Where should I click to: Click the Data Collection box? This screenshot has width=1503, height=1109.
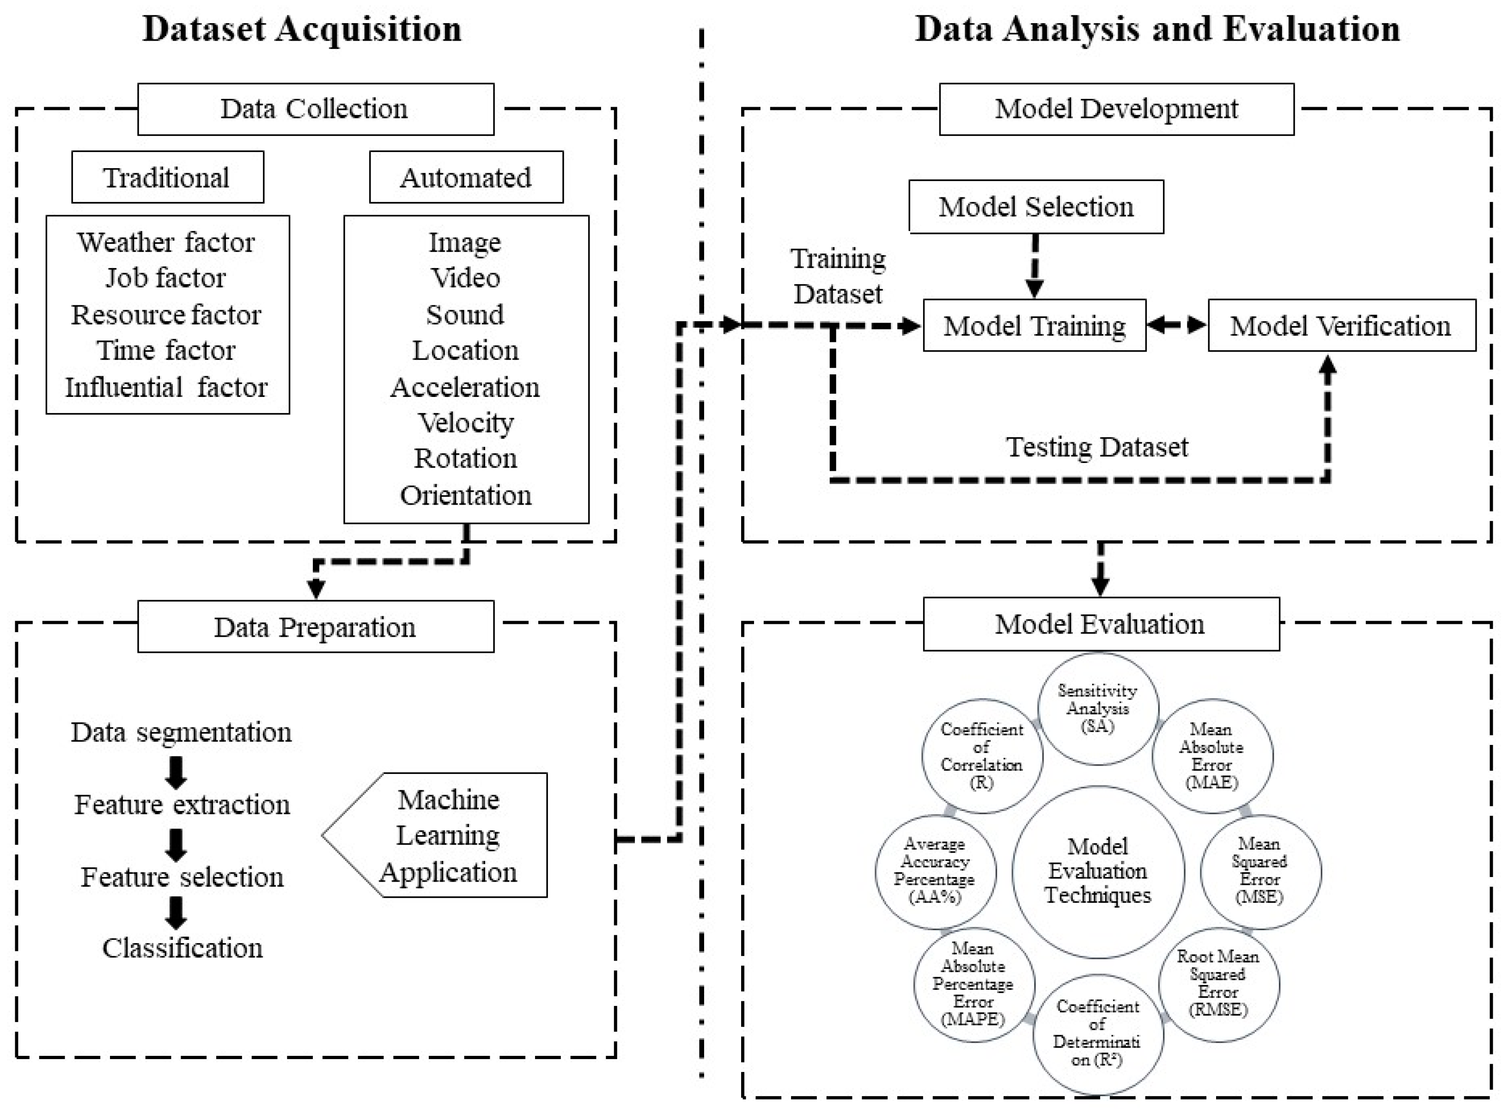pyautogui.click(x=316, y=109)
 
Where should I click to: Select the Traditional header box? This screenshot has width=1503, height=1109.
pyautogui.click(x=167, y=177)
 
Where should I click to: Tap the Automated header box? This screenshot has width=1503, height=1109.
pyautogui.click(x=466, y=177)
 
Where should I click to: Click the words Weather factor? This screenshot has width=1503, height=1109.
pyautogui.click(x=166, y=242)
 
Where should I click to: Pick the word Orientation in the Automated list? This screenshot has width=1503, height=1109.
pyautogui.click(x=466, y=495)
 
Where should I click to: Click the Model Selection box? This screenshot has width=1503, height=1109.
pyautogui.click(x=1036, y=207)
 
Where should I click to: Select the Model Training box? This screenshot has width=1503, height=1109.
pyautogui.click(x=1034, y=326)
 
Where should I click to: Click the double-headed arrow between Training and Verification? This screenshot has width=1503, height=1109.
pyautogui.click(x=1176, y=326)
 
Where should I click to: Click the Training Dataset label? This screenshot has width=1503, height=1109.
pyautogui.click(x=838, y=276)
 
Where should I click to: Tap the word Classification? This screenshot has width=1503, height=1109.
pyautogui.click(x=182, y=948)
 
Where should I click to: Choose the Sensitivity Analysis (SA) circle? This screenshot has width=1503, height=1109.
pyautogui.click(x=1097, y=708)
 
